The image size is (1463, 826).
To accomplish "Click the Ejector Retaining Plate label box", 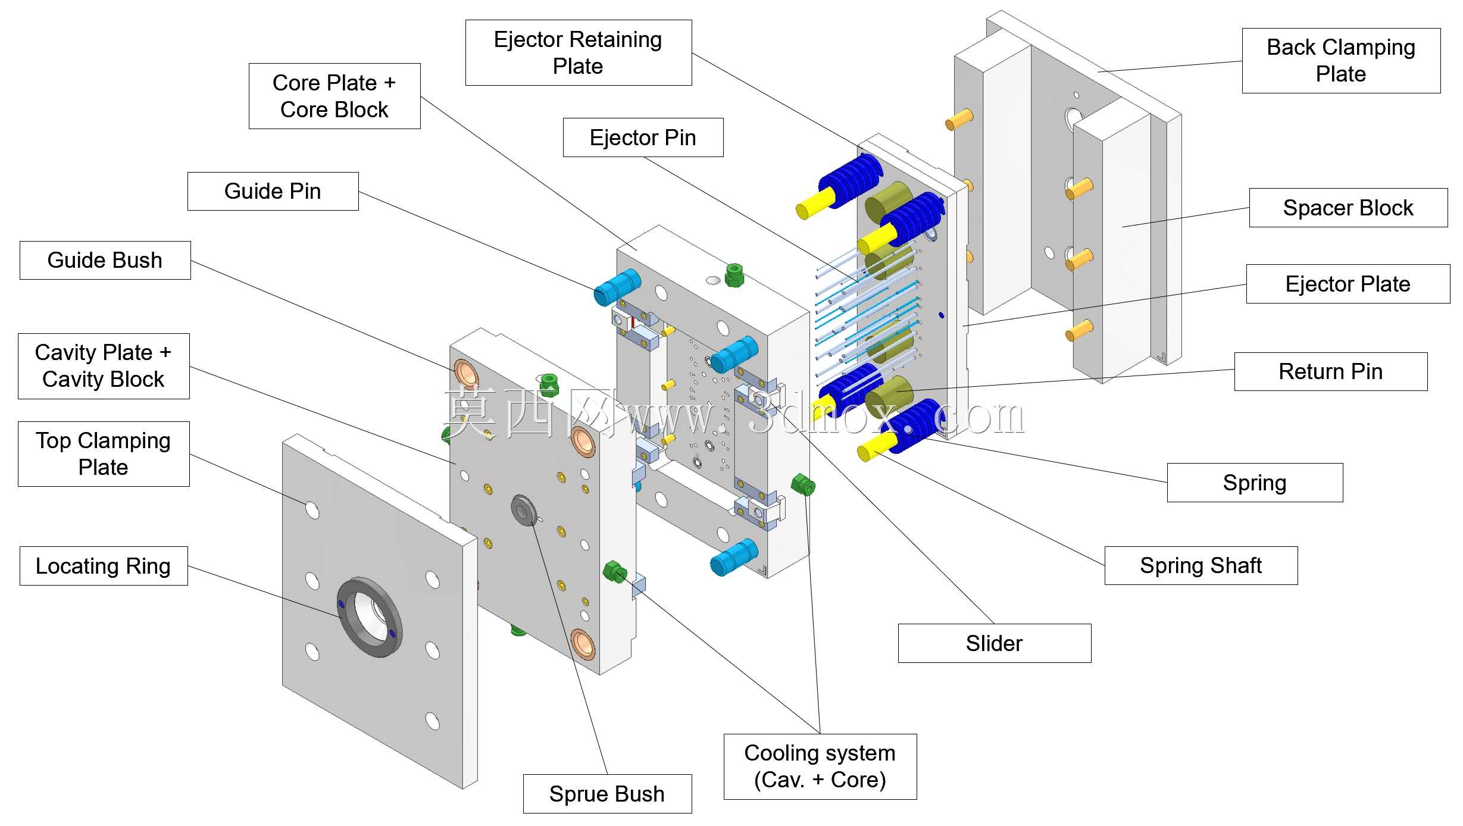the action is (578, 52).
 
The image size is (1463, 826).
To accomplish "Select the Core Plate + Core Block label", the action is (335, 96).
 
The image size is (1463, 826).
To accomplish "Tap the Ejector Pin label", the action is (643, 137).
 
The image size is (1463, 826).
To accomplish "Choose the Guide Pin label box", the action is (273, 191).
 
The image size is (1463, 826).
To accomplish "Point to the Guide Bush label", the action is (105, 260).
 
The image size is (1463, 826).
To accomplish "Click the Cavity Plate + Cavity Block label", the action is (104, 366).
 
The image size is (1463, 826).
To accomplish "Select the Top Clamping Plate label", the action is (104, 454).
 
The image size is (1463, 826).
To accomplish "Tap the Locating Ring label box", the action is (104, 566).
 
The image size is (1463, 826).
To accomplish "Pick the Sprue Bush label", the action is (607, 794).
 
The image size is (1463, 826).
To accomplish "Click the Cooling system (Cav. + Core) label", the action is (820, 766).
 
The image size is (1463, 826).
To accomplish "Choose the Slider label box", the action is (995, 643).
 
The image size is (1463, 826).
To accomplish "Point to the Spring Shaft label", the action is (1201, 565).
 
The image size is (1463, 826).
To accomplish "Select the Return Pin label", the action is (1331, 371).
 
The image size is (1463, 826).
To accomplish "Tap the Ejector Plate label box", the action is (1348, 284).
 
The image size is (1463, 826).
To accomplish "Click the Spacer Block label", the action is (1348, 208).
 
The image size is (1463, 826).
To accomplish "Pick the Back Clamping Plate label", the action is (1341, 60).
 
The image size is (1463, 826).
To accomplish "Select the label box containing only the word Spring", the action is (1255, 483).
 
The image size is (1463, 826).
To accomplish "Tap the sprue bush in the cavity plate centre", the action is (524, 511).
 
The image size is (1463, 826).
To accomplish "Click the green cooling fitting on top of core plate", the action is (734, 276).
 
